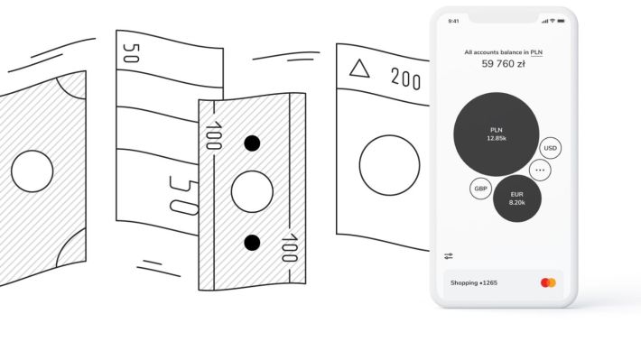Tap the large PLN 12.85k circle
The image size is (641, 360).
point(497,134)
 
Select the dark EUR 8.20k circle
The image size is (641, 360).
point(517,198)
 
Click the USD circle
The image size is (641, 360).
point(550,148)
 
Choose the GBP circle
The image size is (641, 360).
point(480,189)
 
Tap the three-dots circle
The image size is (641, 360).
point(540,170)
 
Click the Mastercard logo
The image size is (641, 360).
point(548,282)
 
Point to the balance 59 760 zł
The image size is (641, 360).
point(503,64)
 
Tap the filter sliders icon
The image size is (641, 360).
point(449,256)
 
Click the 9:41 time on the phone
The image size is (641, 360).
point(453,22)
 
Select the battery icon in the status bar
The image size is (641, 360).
point(561,21)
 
